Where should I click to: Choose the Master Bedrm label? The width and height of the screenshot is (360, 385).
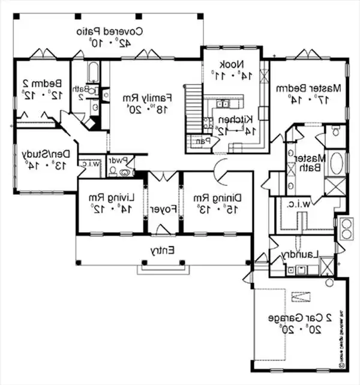pyautogui.click(x=308, y=88)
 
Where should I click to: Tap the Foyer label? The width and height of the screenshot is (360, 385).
pyautogui.click(x=162, y=210)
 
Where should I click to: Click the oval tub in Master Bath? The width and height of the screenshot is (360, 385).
pyautogui.click(x=337, y=163)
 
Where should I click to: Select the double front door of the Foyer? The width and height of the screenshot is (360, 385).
pyautogui.click(x=163, y=176)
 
